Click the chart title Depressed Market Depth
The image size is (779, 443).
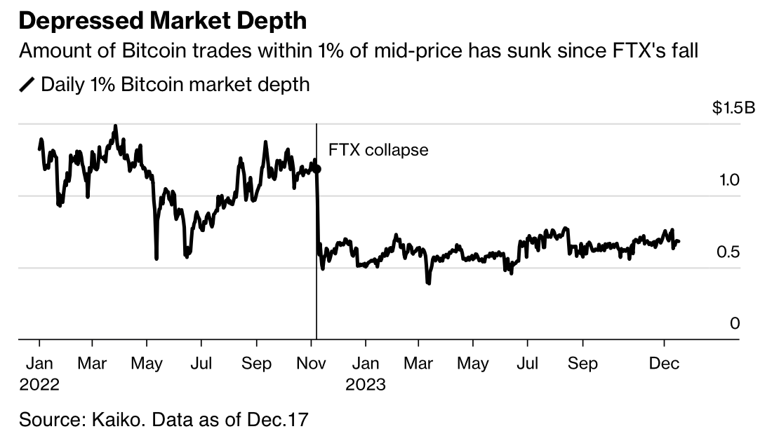tap(162, 20)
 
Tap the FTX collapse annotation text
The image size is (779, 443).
tap(378, 150)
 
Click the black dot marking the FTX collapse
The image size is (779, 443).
tap(317, 169)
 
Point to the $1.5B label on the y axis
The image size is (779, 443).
tap(734, 109)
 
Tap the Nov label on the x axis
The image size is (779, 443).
tap(311, 364)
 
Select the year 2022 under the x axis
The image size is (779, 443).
tap(39, 385)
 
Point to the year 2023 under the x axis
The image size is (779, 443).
tap(366, 385)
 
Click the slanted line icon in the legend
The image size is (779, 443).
tap(27, 86)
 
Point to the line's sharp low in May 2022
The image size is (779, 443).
tap(156, 258)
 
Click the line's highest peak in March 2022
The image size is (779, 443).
tap(115, 127)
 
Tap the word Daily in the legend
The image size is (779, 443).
tap(60, 86)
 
